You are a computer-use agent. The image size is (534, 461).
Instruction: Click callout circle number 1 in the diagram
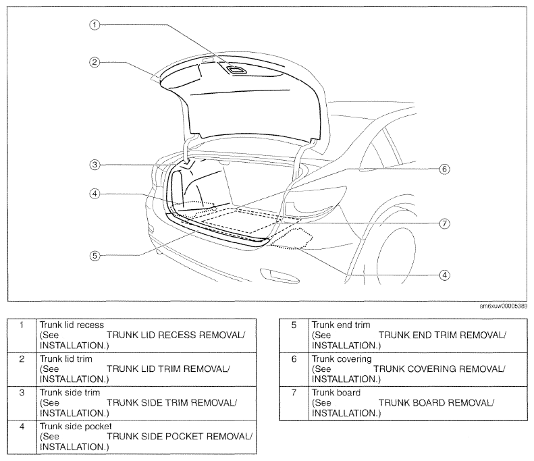(95, 24)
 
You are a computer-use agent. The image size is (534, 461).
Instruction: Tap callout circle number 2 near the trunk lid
(95, 62)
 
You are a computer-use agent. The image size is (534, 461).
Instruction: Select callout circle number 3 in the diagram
(95, 165)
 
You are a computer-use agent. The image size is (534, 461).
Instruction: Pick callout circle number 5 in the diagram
(95, 255)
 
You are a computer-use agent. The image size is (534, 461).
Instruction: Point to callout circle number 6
(444, 169)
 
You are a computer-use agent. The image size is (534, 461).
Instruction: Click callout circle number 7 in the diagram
(444, 223)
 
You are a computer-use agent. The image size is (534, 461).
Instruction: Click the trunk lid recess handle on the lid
(236, 70)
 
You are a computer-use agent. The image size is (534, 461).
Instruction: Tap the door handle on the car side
(279, 275)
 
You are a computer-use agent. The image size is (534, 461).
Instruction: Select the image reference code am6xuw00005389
(504, 306)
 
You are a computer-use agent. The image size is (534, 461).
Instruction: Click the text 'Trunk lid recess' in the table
(72, 325)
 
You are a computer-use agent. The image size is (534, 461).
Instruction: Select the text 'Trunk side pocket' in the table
(76, 427)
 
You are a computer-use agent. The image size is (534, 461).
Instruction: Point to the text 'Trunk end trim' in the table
(341, 325)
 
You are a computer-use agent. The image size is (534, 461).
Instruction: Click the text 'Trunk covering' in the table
(342, 359)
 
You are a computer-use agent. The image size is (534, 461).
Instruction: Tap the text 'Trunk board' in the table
(336, 393)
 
